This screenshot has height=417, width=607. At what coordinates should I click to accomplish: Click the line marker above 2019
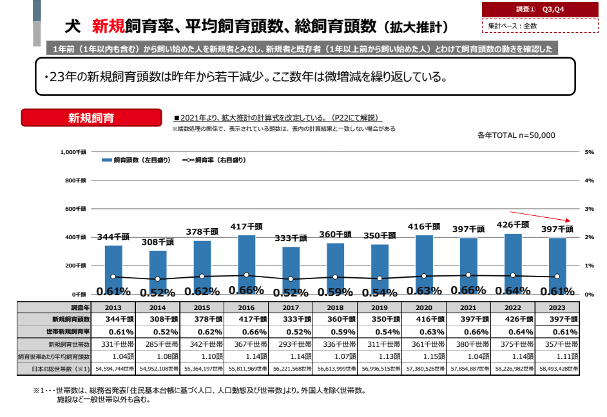pyautogui.click(x=380, y=278)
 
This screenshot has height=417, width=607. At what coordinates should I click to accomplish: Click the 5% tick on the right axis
pyautogui.click(x=588, y=152)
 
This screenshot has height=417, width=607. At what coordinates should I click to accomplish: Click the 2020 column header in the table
pyautogui.click(x=423, y=307)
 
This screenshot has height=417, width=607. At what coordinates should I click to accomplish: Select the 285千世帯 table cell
pyautogui.click(x=158, y=344)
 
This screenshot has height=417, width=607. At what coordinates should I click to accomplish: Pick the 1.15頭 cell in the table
pyautogui.click(x=423, y=356)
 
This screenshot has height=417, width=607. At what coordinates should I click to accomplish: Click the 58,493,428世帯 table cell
pyautogui.click(x=558, y=368)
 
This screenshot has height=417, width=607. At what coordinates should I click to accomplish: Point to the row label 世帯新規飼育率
pyautogui.click(x=56, y=331)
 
